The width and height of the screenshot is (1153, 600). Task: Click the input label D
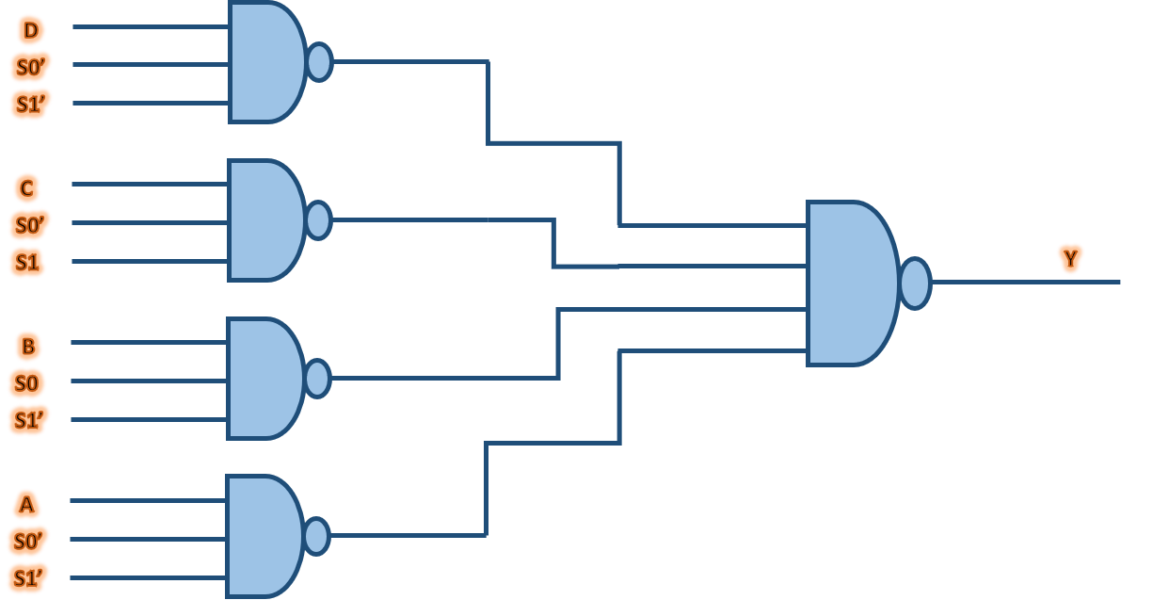tap(30, 31)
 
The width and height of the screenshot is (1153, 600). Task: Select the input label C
tap(27, 188)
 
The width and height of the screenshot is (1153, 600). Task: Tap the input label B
tap(27, 347)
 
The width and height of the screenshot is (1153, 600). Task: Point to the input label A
tap(26, 505)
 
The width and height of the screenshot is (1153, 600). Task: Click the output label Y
tap(1069, 257)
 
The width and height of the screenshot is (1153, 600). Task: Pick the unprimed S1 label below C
tap(28, 262)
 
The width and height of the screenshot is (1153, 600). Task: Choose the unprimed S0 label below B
tap(26, 383)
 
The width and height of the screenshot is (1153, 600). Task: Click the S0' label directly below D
tap(30, 68)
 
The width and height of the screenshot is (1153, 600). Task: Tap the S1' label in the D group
tap(31, 104)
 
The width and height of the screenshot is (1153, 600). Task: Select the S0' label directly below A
tap(28, 542)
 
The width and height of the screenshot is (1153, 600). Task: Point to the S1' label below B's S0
tap(29, 419)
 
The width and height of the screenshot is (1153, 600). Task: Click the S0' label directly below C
tap(29, 225)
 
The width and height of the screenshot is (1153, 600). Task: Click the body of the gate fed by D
tap(264, 62)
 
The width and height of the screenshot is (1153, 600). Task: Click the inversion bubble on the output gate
tap(915, 283)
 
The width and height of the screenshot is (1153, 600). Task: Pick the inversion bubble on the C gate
tap(318, 220)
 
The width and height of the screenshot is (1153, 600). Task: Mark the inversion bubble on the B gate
tap(317, 379)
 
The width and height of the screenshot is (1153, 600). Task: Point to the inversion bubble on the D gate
tap(319, 62)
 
